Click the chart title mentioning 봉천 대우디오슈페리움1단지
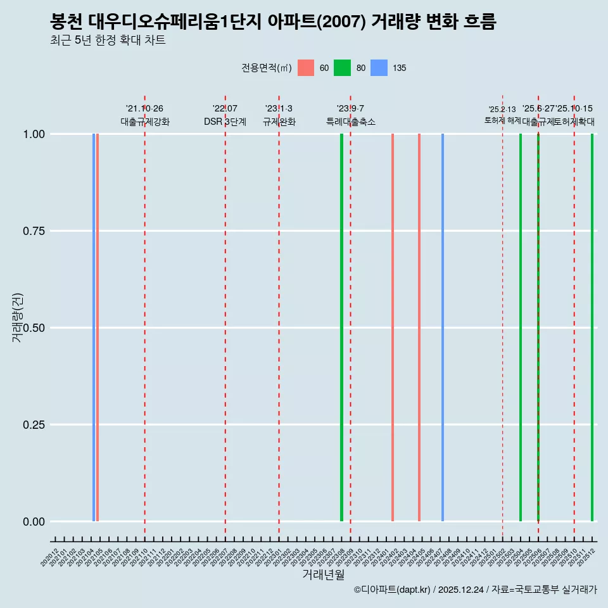(273, 22)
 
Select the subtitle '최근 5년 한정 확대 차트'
(108, 41)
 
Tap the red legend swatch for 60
(306, 68)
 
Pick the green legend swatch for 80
(342, 68)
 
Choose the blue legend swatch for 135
(379, 68)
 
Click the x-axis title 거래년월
(324, 575)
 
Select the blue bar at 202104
(94, 327)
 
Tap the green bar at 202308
(341, 327)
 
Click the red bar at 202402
(393, 327)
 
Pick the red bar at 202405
(419, 327)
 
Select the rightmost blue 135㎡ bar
(443, 327)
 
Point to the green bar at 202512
(592, 327)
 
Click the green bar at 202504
(521, 327)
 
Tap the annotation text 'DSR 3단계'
(225, 122)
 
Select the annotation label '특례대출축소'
(350, 122)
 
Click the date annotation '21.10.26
(144, 109)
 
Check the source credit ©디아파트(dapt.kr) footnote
(475, 590)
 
